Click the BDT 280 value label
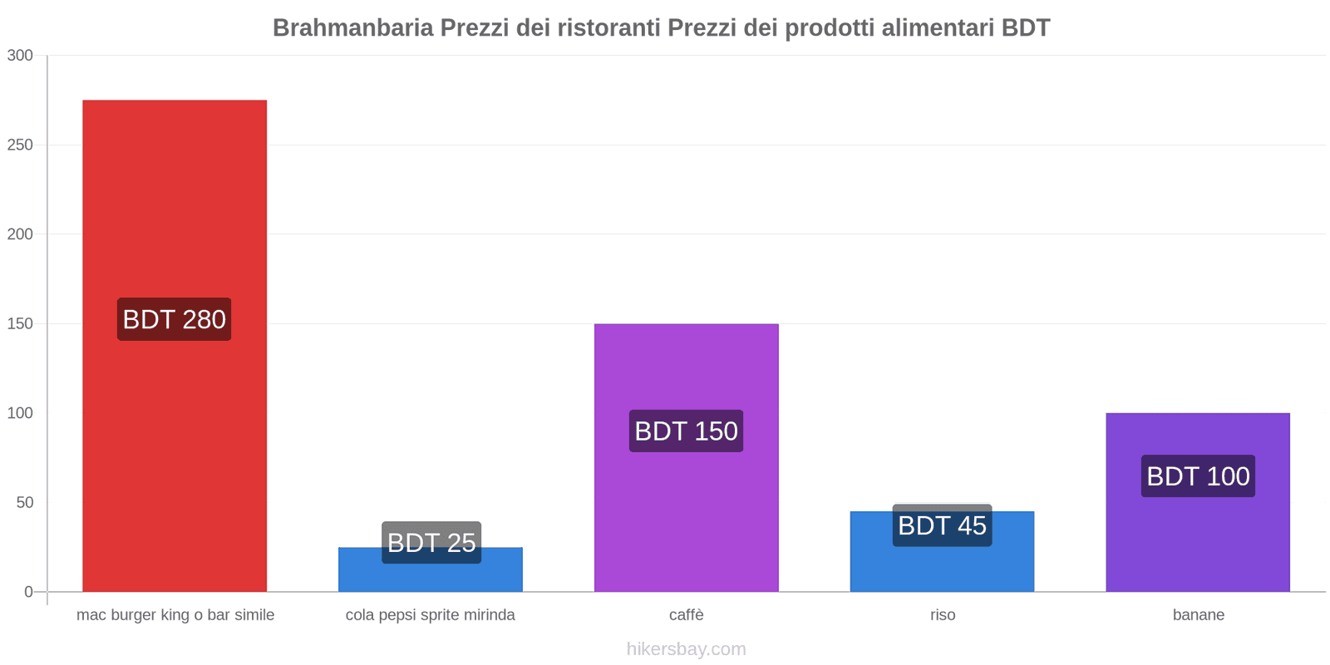175,319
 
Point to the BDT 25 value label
431,542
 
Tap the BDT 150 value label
686,431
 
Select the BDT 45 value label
942,525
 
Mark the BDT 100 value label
1198,476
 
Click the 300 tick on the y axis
20,56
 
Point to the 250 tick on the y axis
20,145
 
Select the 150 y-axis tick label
20,323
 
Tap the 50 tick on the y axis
24,502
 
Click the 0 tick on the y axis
28,592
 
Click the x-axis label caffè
686,615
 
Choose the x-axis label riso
943,615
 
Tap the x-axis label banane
1198,615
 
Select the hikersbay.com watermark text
686,649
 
